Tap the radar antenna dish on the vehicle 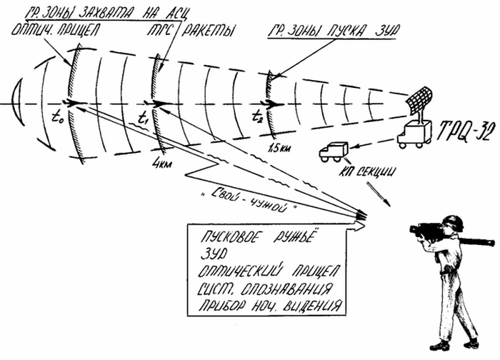(421, 101)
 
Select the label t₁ (143, 115)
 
